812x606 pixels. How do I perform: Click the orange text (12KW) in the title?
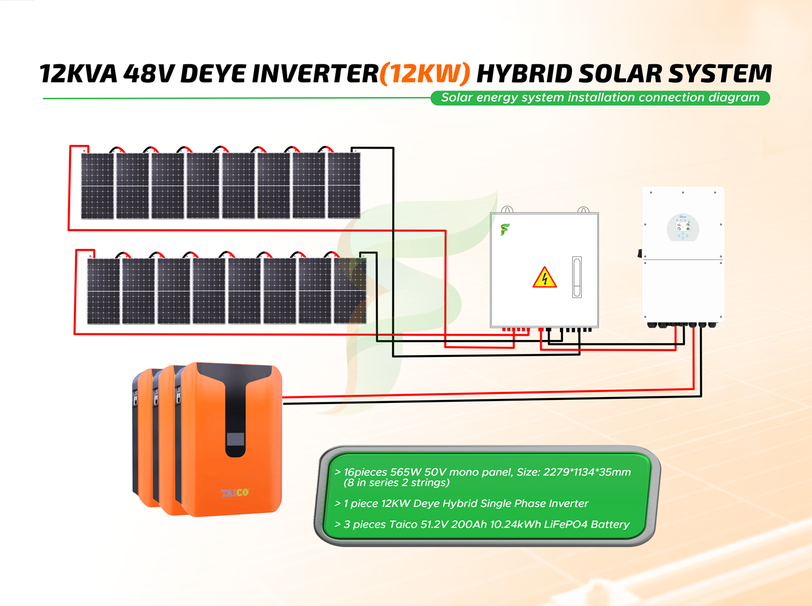click(x=425, y=74)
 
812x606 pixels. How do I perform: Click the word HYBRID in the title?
click(x=524, y=74)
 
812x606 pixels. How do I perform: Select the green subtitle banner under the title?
click(x=600, y=98)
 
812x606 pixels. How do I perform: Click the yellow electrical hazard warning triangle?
click(x=544, y=278)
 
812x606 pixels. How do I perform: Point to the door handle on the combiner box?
click(x=577, y=277)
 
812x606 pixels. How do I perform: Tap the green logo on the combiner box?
click(x=504, y=229)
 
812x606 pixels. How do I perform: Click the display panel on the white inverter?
click(x=683, y=228)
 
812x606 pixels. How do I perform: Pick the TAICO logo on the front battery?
click(x=235, y=493)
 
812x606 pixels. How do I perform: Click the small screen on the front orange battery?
click(x=235, y=438)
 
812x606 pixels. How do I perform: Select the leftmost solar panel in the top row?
click(x=98, y=185)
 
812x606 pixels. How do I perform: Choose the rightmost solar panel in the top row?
click(x=344, y=185)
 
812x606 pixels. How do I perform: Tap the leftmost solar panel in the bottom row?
click(x=104, y=291)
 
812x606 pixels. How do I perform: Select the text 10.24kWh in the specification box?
click(x=514, y=524)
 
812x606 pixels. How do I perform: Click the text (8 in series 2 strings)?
click(x=396, y=483)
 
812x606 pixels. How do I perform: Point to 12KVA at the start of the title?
click(x=78, y=74)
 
